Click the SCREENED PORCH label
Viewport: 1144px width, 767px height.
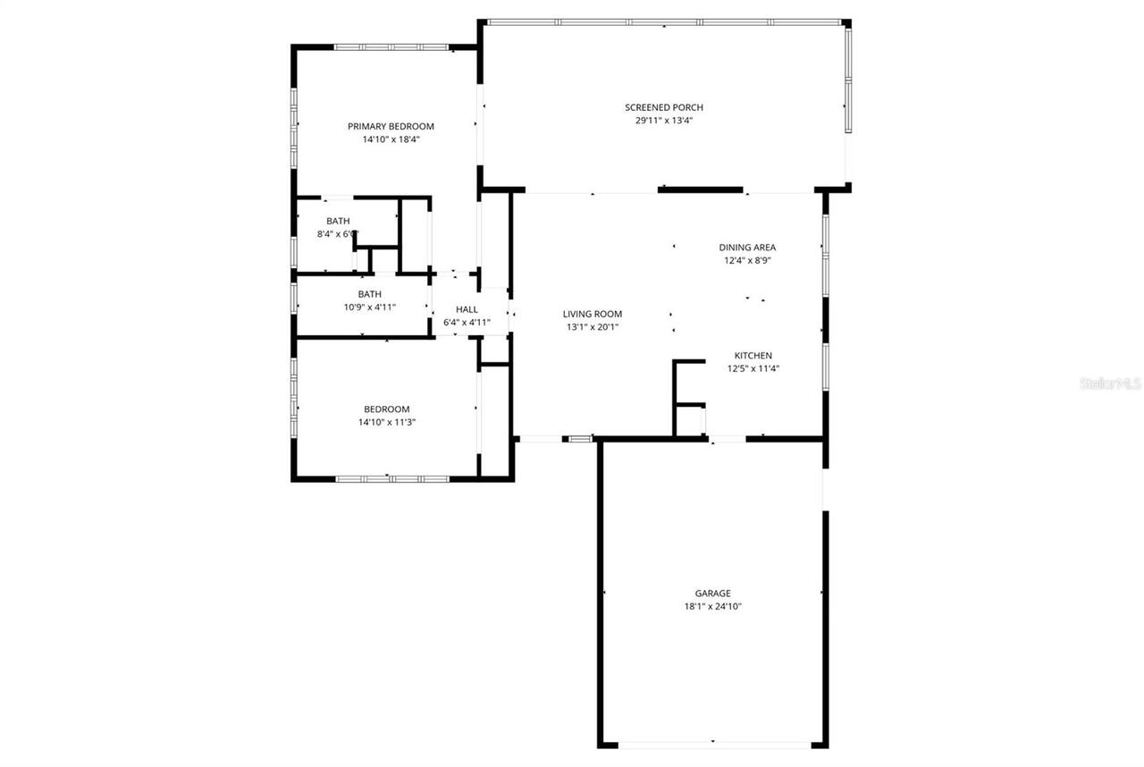[x=664, y=107]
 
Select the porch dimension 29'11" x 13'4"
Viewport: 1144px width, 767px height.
[x=664, y=121]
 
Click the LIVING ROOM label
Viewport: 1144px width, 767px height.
[x=592, y=314]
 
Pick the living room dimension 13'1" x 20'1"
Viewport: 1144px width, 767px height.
[x=592, y=327]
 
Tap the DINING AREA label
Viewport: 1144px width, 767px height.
[x=747, y=248]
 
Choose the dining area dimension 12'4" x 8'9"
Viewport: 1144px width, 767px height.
[x=747, y=261]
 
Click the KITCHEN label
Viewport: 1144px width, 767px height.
[x=753, y=355]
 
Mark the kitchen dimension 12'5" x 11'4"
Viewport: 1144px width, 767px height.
[x=753, y=368]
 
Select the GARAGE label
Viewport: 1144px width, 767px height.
[x=712, y=593]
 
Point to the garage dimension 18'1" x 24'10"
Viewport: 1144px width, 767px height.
[x=712, y=606]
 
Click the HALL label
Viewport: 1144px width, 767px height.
[x=467, y=309]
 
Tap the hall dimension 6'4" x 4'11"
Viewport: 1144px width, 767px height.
[x=467, y=323]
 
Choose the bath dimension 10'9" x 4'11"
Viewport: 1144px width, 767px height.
[x=369, y=307]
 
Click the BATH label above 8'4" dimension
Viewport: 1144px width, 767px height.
[x=338, y=221]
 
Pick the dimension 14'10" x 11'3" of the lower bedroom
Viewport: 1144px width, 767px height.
[x=386, y=422]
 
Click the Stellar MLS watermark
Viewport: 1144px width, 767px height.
[x=1111, y=383]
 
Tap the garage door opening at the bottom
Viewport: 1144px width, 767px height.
[x=713, y=744]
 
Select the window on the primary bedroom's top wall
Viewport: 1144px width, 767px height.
[x=391, y=46]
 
